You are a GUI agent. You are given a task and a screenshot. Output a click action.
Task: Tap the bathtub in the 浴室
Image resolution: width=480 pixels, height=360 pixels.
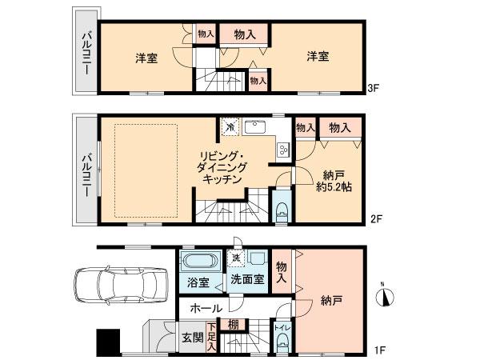coord(198,262)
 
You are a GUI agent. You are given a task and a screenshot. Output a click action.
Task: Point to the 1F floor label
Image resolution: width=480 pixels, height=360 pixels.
coord(382,349)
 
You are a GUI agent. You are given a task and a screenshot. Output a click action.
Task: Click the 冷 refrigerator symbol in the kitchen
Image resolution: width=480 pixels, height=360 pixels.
coord(230,127)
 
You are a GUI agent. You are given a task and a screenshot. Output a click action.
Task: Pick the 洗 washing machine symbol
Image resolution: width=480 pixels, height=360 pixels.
coord(234,258)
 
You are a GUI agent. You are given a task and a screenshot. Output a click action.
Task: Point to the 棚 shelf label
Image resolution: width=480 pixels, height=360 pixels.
coord(231,324)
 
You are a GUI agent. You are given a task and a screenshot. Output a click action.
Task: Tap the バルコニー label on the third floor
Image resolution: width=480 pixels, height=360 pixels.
coord(83,53)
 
